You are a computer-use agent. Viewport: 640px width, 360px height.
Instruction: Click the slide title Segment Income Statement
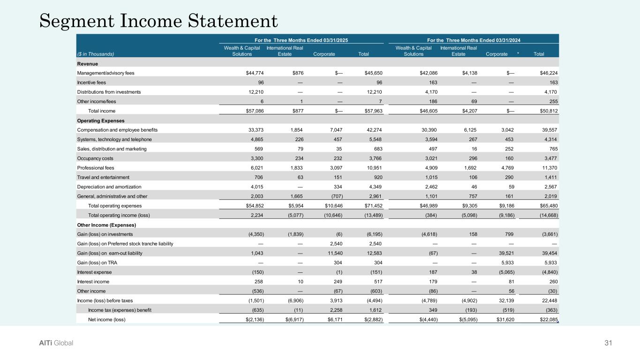pos(159,20)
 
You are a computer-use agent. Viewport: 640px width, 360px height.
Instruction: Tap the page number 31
pos(609,343)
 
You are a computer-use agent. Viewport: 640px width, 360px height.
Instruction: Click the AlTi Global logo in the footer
pos(56,343)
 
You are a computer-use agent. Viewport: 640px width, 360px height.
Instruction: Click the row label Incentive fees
pos(91,82)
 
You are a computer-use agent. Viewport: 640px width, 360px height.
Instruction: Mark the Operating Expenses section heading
pos(100,120)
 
